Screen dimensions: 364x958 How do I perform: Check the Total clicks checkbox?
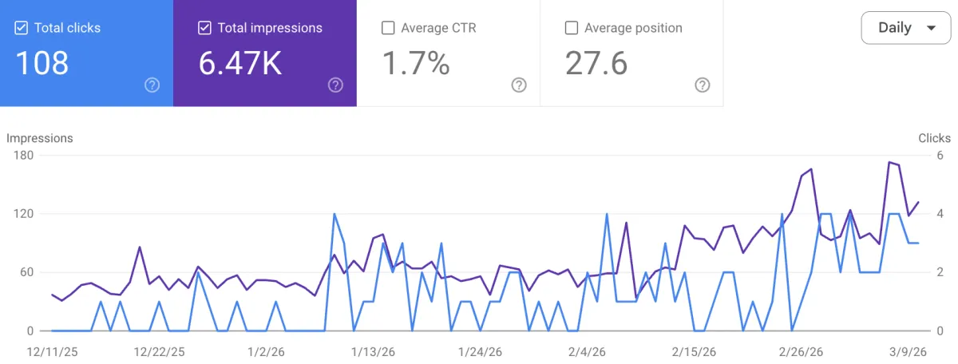tap(22, 28)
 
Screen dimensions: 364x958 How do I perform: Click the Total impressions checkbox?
tap(205, 28)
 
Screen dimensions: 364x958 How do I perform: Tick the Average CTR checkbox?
tap(389, 28)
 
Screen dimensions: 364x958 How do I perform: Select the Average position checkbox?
tap(572, 28)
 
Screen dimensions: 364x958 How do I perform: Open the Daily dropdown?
tap(906, 28)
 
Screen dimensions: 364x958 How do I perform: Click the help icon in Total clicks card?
tap(152, 85)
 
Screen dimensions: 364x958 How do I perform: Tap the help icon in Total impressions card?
tap(335, 85)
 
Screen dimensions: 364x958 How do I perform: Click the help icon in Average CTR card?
tap(519, 85)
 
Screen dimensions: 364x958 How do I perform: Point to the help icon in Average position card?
tap(703, 85)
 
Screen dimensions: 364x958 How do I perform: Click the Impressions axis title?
tap(40, 138)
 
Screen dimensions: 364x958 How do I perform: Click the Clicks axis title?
tap(934, 138)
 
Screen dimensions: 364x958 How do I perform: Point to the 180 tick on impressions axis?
tap(22, 156)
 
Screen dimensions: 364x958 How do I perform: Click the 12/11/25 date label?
tap(52, 350)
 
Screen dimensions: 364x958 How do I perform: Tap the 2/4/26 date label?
tap(587, 350)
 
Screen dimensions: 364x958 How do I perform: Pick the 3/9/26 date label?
tap(909, 350)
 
